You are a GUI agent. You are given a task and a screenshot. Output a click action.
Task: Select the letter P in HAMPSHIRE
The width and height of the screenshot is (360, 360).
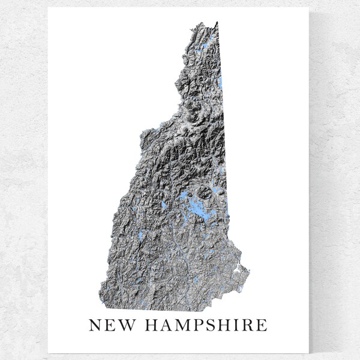[x=193, y=326]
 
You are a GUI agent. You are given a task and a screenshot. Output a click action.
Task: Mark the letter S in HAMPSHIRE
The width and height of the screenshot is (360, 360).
[x=205, y=326]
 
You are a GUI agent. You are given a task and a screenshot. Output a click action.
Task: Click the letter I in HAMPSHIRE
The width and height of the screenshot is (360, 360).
[x=232, y=326]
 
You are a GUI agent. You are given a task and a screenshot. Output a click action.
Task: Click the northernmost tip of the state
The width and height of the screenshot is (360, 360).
[x=217, y=22]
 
